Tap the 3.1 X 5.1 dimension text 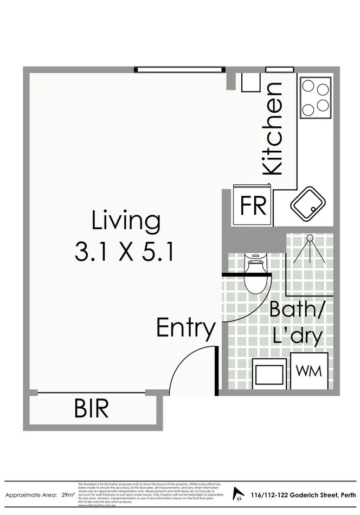coord(125,252)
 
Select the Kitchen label coord(272,128)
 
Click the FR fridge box coord(253,206)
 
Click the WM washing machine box coord(308,371)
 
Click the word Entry coord(186,328)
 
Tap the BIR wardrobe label coord(91,409)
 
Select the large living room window coord(179,69)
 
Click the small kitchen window coord(279,69)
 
